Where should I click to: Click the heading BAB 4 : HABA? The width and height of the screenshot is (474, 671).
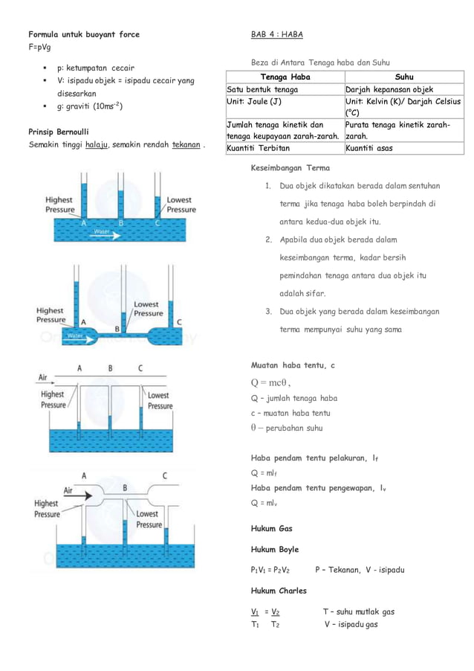coord(276,34)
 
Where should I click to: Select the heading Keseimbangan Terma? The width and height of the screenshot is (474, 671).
coord(290,167)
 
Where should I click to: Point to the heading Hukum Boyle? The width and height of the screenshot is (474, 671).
coord(275,549)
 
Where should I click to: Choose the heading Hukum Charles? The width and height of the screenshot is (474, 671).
coord(279,591)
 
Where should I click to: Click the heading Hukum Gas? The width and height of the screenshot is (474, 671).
coord(272,528)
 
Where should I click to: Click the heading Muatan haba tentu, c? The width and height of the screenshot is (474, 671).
coord(293,365)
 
